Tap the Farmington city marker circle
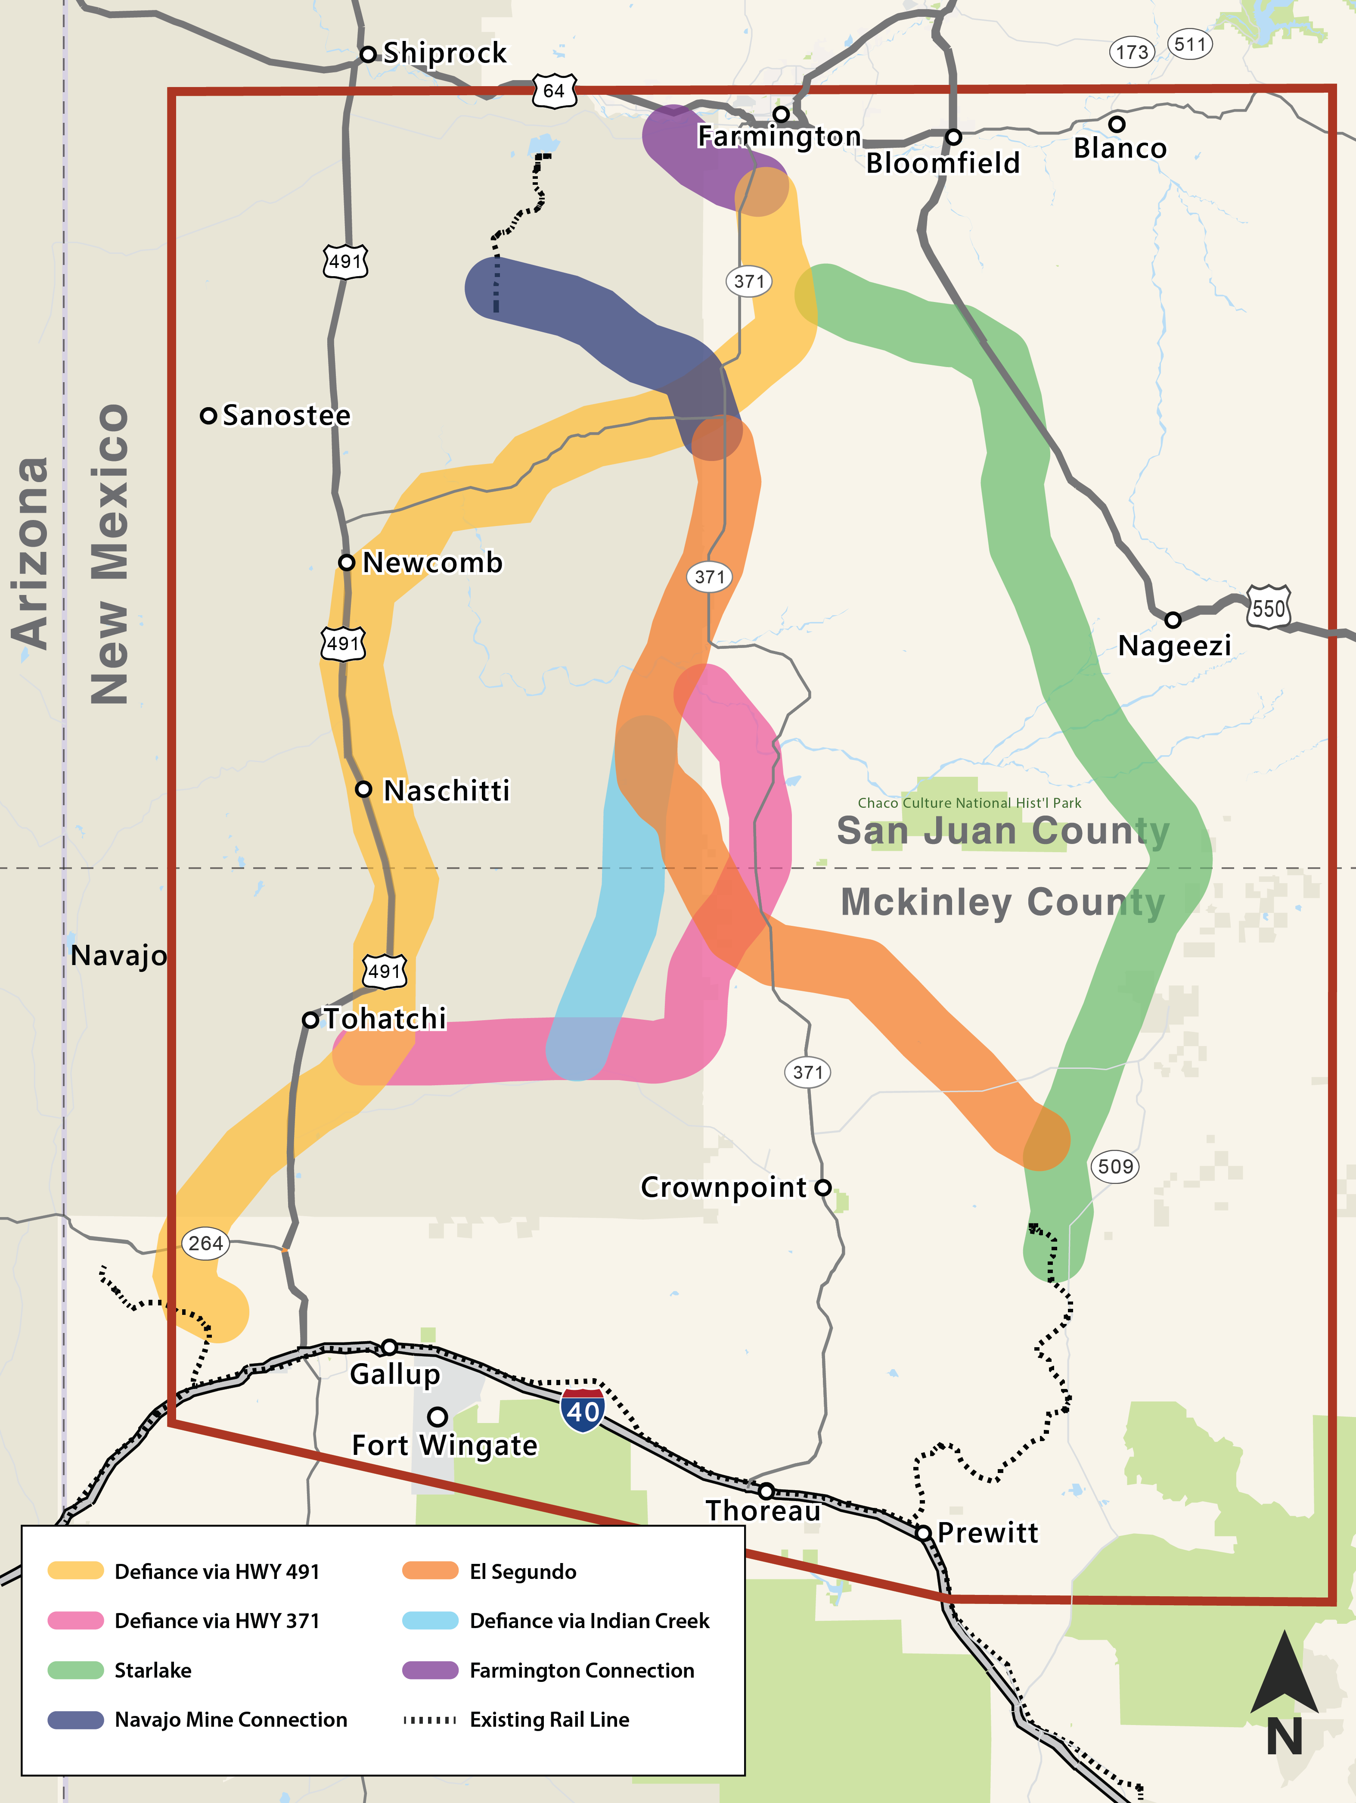click(781, 114)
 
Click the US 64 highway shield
click(554, 90)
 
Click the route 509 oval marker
click(1115, 1166)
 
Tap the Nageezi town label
click(1174, 645)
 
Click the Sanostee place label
click(286, 416)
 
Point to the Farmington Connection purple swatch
click(430, 1670)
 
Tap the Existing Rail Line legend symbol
click(430, 1720)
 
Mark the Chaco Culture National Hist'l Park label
click(969, 803)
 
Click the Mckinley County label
click(1002, 902)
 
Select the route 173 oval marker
click(1132, 52)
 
